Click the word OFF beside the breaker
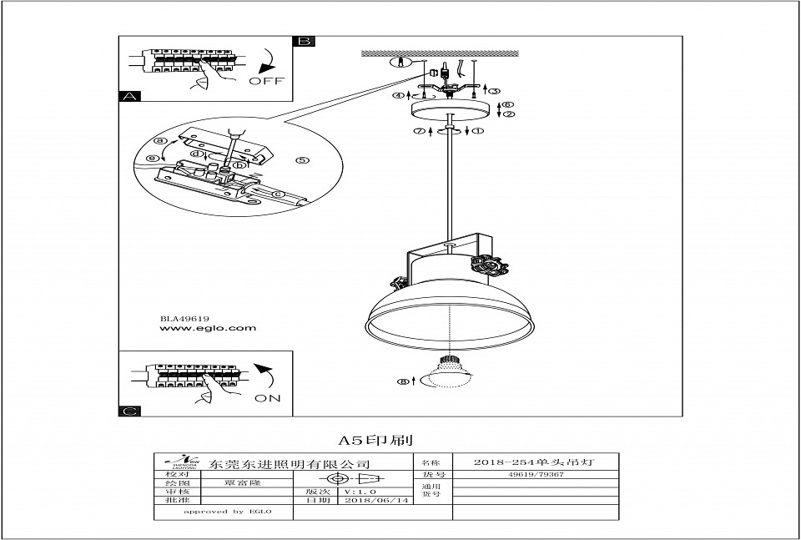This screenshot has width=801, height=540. pyautogui.click(x=266, y=81)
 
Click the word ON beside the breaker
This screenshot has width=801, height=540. pyautogui.click(x=267, y=398)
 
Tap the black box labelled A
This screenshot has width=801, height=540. pyautogui.click(x=128, y=96)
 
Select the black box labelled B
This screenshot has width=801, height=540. pyautogui.click(x=304, y=41)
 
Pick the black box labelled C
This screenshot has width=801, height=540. pyautogui.click(x=128, y=411)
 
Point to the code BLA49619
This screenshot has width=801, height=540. pyautogui.click(x=184, y=318)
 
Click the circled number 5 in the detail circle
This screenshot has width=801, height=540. pyautogui.click(x=303, y=160)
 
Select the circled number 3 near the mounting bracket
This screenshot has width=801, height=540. pyautogui.click(x=494, y=90)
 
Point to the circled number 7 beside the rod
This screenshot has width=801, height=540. pyautogui.click(x=420, y=131)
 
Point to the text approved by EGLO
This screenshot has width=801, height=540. pyautogui.click(x=214, y=511)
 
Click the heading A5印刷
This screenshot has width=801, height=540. pyautogui.click(x=376, y=439)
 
